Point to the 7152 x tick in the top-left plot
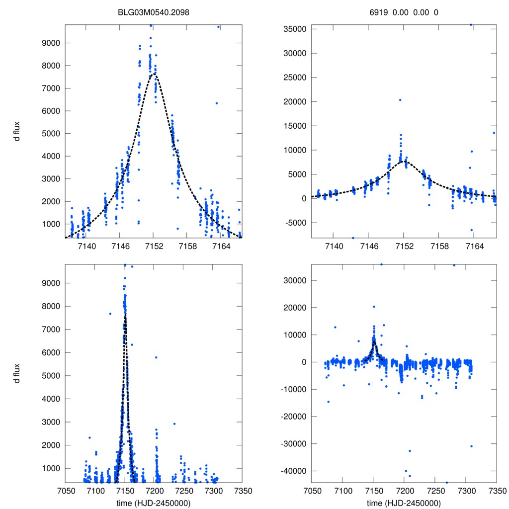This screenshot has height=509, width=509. [x=154, y=247]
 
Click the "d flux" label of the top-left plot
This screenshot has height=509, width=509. [x=17, y=133]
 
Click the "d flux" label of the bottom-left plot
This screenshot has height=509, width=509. [x=17, y=373]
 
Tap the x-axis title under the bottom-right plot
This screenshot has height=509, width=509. [x=404, y=503]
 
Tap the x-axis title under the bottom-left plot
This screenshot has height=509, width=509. [x=154, y=503]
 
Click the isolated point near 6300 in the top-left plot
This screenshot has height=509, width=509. [x=217, y=103]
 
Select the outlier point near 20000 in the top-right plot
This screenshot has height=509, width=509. [x=400, y=100]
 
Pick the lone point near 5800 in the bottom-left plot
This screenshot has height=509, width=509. [x=156, y=357]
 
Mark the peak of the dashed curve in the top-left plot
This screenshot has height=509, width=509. [x=154, y=74]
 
